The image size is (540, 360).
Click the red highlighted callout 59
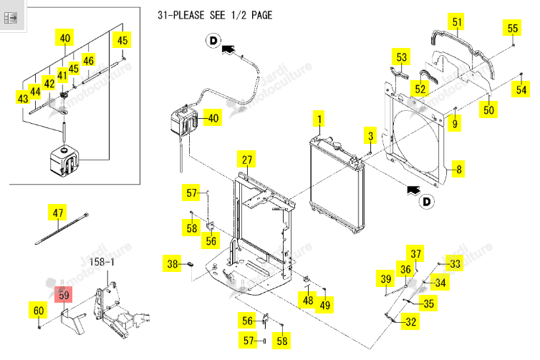point(64,295)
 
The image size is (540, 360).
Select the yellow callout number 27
point(246,160)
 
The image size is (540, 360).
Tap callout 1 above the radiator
point(319,120)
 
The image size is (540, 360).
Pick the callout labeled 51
point(457,22)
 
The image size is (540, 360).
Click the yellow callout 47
point(57,213)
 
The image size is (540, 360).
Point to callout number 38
point(172,263)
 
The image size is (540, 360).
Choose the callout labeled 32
point(410,321)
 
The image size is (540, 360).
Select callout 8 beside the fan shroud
point(459,169)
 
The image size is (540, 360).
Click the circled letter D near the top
point(213,41)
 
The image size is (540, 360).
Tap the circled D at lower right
point(426,201)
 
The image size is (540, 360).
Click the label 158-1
point(102,262)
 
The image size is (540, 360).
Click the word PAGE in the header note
point(261,15)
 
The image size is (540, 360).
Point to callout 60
point(38,311)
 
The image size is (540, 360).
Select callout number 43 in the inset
point(23,99)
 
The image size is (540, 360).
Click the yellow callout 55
point(513,28)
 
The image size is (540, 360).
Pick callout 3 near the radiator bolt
point(370,135)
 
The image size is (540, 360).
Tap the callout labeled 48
point(308,300)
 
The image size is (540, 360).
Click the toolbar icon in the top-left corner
point(11,18)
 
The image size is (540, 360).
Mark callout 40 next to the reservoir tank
point(213,117)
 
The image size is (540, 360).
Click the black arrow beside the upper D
point(228,50)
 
